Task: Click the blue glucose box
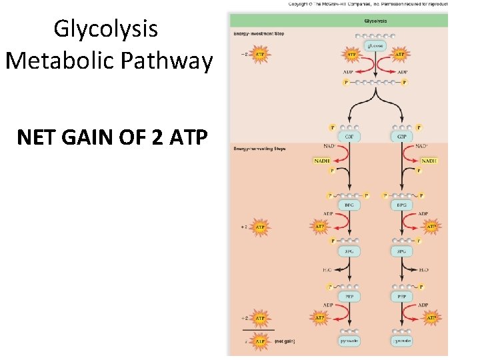coord(374,46)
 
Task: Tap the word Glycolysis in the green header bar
coord(375,21)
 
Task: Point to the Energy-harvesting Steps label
coord(259,148)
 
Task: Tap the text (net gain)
coord(285,341)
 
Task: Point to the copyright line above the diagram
coord(368,4)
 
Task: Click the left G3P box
coord(349,136)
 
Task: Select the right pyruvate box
coord(401,341)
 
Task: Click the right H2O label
coord(423,270)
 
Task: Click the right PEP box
coord(401,296)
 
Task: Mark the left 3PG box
coord(349,251)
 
